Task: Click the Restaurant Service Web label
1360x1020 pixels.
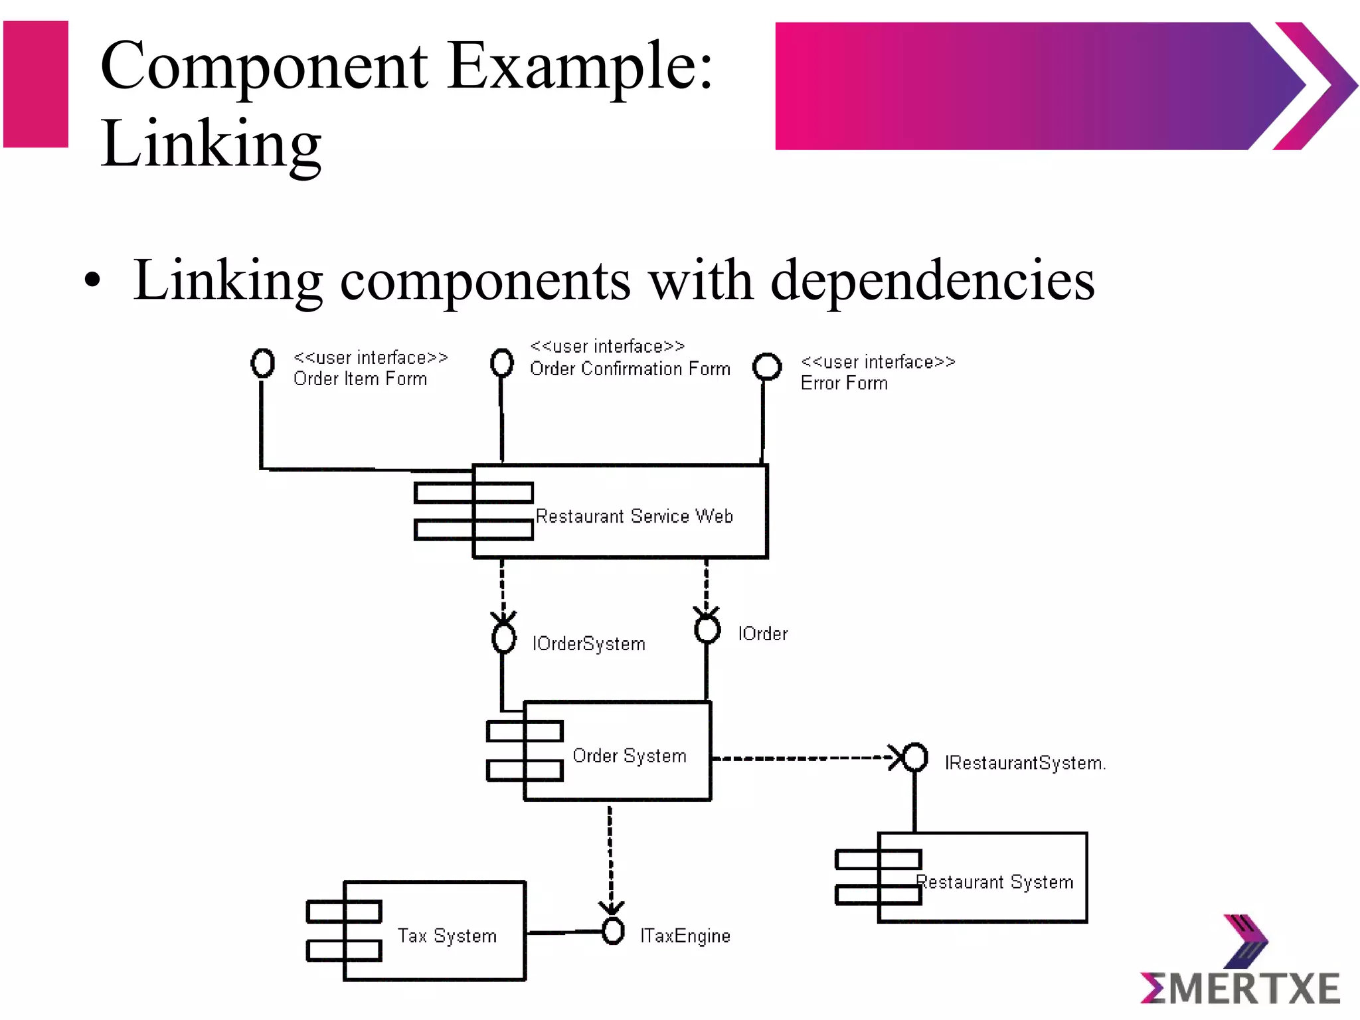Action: (634, 516)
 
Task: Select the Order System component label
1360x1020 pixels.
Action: (629, 756)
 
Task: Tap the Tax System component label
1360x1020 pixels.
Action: (447, 936)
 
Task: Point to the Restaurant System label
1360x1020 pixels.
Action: (995, 882)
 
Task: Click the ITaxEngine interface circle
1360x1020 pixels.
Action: (612, 931)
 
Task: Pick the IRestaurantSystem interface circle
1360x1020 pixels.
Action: (915, 757)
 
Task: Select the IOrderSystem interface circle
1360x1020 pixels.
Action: (503, 638)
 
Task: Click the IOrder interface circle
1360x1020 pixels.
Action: (707, 628)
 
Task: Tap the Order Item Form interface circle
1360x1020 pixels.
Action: (262, 363)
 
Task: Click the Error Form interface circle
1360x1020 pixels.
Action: (767, 366)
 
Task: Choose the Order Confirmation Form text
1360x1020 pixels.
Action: (630, 369)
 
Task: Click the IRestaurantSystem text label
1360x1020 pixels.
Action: (1025, 763)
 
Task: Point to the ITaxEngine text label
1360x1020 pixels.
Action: (685, 936)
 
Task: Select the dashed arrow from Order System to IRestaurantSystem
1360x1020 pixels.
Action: (804, 758)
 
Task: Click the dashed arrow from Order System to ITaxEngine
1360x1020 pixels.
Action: (610, 857)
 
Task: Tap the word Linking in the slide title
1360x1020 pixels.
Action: (211, 143)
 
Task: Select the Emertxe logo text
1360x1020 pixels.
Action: (1240, 988)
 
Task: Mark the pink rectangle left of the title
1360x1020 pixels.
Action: (36, 84)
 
